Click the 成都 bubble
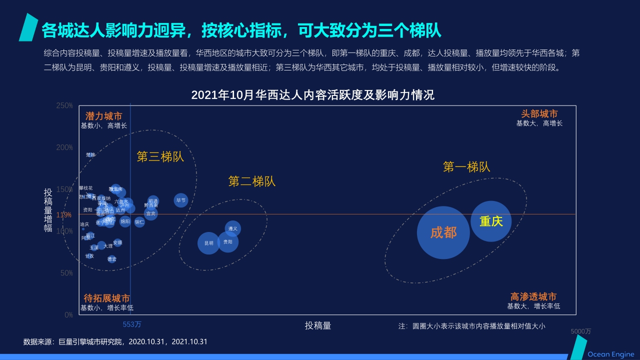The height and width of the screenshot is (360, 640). pos(443,232)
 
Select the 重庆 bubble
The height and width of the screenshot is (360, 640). pos(491,221)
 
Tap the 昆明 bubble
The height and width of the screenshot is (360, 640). pos(209,243)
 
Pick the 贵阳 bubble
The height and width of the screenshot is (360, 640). pos(227,242)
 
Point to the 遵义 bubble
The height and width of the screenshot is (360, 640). pos(233,228)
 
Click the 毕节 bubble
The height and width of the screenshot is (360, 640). pos(180,200)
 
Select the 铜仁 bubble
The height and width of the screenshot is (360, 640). pos(139,221)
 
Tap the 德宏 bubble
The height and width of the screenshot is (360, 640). pos(112,259)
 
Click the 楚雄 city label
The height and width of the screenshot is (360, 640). pos(90,155)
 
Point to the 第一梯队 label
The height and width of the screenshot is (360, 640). pos(466,167)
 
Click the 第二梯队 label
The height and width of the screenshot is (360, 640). pos(252,181)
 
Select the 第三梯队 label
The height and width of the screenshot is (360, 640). pos(160,157)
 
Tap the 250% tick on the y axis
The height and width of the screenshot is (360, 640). pos(65,106)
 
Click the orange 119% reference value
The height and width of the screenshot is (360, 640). pos(64,215)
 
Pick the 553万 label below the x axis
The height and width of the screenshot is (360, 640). pos(132,324)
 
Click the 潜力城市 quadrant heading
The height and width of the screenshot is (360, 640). pos(103,116)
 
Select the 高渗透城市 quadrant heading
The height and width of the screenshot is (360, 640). pos(533,297)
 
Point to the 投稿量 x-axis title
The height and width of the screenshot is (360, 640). pos(318,325)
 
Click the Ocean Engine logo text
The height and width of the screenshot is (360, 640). pos(610,354)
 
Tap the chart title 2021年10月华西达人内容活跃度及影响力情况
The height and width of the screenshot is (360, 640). pos(313,95)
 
